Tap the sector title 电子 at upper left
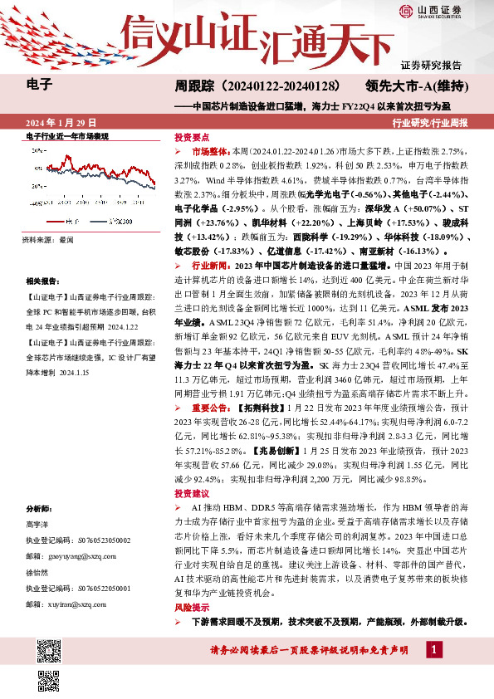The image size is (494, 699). click(x=40, y=84)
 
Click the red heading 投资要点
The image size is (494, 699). click(x=191, y=136)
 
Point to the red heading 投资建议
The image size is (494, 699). click(x=191, y=493)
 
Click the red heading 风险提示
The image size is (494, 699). click(x=191, y=609)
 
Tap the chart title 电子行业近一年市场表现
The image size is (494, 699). click(x=67, y=136)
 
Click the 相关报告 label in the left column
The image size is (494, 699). click(x=42, y=281)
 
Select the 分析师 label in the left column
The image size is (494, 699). click(x=39, y=508)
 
